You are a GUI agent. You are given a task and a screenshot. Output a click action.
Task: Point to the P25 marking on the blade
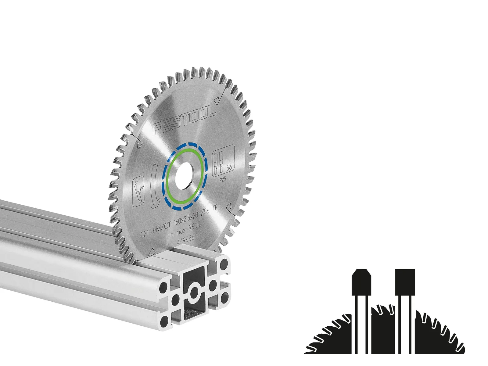pos(223,180)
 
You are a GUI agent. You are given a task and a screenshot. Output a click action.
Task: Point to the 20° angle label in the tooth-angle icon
pos(141,188)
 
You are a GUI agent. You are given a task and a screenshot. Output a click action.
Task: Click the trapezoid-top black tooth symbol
pos(361,282)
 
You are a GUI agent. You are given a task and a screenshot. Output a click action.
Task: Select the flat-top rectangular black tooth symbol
pos(405,282)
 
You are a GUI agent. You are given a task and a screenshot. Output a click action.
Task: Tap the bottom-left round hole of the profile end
pos(164,320)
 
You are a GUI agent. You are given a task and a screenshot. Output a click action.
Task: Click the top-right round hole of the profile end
pos(225,263)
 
